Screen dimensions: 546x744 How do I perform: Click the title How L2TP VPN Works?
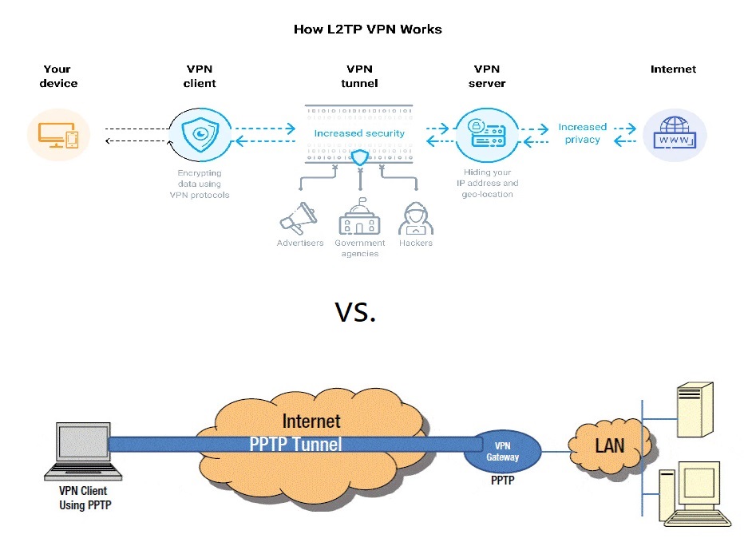367,30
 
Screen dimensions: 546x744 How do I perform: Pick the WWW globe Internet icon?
675,134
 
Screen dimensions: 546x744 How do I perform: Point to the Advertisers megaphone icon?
299,218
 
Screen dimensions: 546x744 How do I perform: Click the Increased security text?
359,133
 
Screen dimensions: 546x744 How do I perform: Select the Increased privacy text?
582,133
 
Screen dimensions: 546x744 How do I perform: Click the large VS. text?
354,313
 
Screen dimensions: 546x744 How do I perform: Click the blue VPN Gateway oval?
502,451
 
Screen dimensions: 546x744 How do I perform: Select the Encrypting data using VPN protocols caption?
200,184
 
